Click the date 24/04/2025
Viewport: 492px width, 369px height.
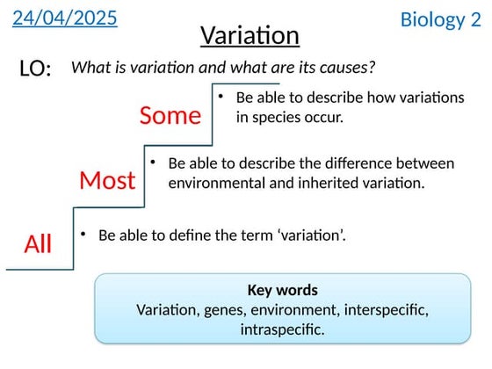65,18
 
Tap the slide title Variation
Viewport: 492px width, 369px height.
250,35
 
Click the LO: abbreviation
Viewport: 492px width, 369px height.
35,69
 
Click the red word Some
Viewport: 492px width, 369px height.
170,115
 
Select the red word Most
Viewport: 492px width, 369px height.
107,181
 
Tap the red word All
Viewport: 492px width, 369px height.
38,244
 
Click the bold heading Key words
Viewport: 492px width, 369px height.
282,290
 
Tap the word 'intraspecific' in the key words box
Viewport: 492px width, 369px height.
282,329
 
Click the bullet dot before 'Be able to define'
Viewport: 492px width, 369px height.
83,234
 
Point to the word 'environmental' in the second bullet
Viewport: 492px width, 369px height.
213,183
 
